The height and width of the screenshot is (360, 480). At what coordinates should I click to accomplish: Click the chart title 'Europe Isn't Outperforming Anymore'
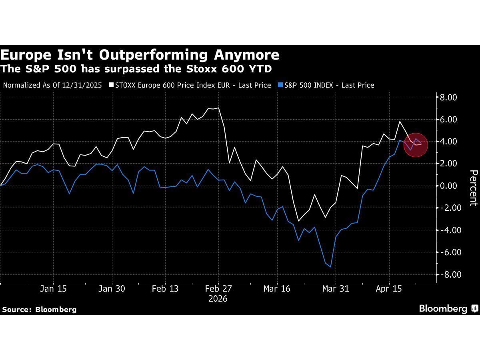140,55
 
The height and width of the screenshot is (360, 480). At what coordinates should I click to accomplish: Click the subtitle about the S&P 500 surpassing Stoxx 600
136,69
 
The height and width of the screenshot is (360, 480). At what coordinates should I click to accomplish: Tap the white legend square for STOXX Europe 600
112,85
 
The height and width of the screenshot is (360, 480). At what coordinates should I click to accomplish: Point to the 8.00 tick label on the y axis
448,97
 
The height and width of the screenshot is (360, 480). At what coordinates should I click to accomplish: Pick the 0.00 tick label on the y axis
448,186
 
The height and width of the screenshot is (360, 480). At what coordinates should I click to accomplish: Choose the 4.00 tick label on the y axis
448,141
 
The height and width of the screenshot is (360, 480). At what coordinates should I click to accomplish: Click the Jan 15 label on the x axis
53,289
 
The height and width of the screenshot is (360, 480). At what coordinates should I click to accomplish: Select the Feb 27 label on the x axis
218,289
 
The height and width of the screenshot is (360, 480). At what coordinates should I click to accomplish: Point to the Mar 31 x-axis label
336,289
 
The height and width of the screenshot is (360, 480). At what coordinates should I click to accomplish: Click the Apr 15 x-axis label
389,289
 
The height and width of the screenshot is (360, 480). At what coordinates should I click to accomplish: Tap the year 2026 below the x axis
218,299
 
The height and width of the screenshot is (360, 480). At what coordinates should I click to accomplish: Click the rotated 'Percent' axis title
473,188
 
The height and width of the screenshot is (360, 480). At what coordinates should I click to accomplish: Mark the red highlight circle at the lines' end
416,144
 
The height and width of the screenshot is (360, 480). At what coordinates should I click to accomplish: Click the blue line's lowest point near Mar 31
330,267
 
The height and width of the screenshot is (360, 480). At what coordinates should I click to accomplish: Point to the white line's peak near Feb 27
218,108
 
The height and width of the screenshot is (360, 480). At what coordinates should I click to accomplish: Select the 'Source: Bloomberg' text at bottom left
39,309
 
